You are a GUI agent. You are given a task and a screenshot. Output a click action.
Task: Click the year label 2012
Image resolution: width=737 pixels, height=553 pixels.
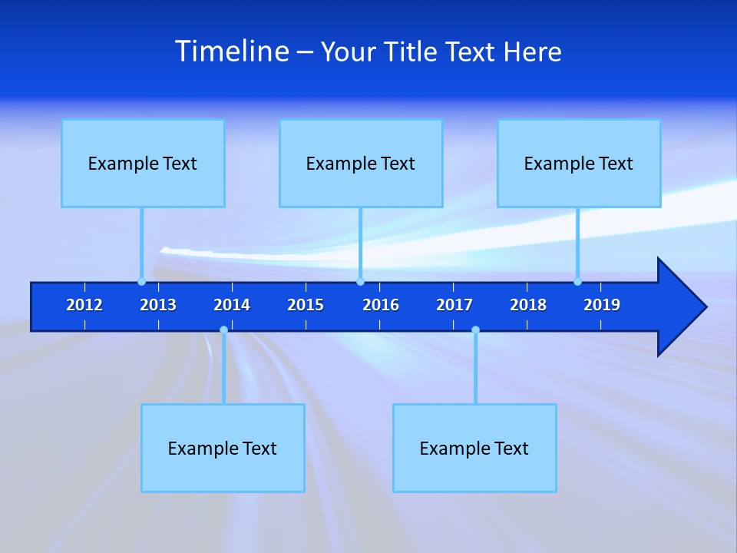point(84,305)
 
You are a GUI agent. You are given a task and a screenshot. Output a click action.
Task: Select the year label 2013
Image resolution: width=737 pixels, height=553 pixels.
point(158,305)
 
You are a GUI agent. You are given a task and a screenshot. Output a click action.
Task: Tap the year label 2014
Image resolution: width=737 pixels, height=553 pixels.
point(232,305)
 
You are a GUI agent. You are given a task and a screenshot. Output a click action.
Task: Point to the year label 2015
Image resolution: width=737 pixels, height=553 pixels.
point(306,305)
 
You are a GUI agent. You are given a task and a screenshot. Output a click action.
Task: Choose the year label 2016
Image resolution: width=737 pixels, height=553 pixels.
point(381,305)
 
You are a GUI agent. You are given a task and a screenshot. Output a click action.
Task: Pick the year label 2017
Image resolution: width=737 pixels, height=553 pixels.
point(454,305)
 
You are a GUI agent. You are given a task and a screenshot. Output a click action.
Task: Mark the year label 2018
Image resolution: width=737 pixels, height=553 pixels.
point(528,305)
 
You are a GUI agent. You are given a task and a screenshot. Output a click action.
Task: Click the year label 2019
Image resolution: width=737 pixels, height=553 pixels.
point(602,305)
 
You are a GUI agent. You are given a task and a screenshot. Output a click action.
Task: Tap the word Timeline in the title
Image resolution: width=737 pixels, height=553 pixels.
point(232,51)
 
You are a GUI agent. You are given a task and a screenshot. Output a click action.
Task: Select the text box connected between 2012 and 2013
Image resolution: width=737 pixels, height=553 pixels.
point(143,163)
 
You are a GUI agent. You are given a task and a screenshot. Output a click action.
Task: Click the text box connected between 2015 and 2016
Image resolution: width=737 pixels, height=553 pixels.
point(361,163)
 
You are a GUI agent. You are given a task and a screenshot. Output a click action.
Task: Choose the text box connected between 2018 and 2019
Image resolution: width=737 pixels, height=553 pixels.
point(579,163)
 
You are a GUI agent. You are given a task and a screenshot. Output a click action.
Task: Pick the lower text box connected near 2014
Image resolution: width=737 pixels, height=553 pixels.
point(223,448)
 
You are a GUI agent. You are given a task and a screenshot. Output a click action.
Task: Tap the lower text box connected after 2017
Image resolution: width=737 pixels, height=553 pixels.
point(474,448)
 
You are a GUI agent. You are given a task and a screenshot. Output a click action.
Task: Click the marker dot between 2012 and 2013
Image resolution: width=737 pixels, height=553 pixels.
point(141,281)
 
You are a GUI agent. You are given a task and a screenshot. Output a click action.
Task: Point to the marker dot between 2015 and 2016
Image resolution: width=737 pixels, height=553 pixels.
point(360,281)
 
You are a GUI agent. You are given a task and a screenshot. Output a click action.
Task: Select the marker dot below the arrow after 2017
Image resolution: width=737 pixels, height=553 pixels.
point(475,330)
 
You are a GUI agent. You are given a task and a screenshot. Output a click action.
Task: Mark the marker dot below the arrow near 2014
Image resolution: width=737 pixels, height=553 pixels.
point(223,330)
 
